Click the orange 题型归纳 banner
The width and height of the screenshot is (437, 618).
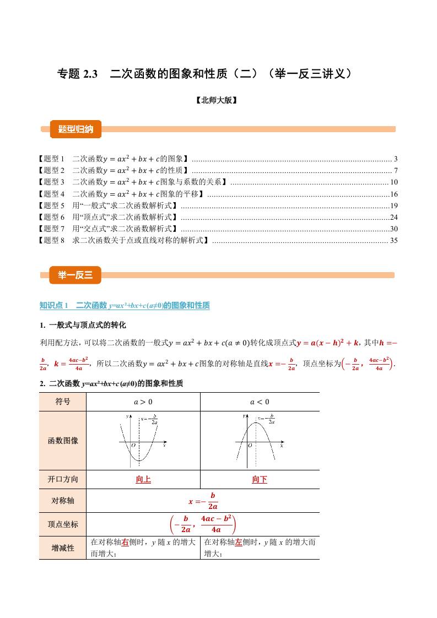75,129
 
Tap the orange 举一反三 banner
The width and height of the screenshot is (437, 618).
75,275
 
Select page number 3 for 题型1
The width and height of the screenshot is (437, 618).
396,159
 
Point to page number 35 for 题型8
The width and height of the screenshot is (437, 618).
393,240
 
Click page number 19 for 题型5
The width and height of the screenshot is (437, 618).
393,205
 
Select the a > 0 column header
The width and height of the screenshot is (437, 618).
143,402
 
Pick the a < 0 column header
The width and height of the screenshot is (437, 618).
260,402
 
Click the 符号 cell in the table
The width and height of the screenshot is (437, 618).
63,402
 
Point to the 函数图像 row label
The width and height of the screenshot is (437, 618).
63,440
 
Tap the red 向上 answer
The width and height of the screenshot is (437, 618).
143,480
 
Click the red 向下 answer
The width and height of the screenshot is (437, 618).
260,480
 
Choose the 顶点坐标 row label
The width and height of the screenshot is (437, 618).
63,524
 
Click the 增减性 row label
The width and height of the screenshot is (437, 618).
63,547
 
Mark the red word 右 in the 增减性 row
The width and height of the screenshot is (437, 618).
125,543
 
